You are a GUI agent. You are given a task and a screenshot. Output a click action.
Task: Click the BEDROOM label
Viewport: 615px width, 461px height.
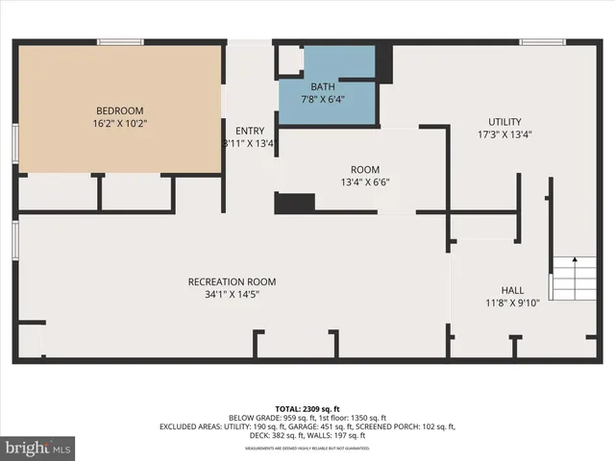point(120,109)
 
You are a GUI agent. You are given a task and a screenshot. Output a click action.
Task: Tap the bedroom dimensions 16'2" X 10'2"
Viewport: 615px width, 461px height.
point(120,123)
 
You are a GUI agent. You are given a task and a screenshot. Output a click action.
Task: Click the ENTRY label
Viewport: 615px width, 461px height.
point(249,131)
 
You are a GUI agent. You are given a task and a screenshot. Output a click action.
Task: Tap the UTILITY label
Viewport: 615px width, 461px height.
point(504,122)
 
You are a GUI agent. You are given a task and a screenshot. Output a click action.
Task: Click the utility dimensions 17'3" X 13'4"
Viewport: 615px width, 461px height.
point(504,134)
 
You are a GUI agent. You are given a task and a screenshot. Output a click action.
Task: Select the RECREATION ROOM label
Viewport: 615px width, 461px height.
point(232,281)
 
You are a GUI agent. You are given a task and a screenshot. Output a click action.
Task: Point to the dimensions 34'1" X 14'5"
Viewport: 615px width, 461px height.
point(232,294)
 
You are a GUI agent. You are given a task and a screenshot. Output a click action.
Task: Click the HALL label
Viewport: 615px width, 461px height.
point(512,290)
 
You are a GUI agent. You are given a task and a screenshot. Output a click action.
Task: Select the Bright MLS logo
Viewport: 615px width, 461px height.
point(38,447)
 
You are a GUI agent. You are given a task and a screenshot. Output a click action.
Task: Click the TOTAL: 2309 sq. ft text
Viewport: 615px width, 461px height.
point(307,409)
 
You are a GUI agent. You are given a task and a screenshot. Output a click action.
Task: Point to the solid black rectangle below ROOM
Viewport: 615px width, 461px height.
point(295,203)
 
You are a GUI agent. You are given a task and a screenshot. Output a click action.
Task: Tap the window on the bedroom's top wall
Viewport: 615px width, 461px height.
point(120,41)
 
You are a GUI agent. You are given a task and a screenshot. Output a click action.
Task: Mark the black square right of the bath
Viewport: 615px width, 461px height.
point(384,63)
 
